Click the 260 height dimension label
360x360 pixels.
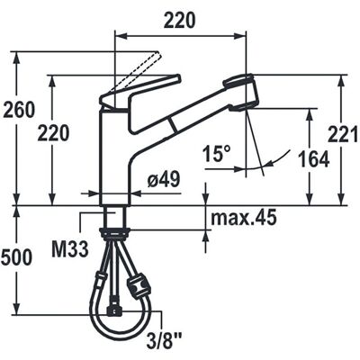point(20,110)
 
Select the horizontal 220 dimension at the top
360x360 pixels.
point(180,21)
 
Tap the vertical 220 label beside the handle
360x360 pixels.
point(53,133)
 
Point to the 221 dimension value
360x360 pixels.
point(343,133)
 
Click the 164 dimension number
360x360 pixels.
point(314,159)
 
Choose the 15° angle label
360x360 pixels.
point(217,154)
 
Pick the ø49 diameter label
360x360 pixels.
point(164,180)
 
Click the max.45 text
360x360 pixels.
point(243,218)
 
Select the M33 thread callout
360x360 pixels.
point(70,248)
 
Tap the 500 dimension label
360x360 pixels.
point(16,257)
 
